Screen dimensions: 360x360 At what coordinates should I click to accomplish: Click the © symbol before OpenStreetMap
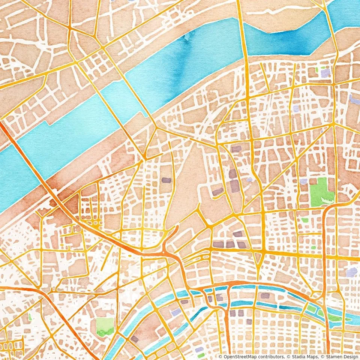220,357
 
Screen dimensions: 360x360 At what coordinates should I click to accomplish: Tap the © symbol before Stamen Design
322,357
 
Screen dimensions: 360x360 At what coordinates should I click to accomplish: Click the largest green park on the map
321,191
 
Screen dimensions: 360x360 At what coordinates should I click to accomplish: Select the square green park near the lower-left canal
105,325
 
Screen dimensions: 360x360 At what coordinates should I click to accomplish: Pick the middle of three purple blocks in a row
230,245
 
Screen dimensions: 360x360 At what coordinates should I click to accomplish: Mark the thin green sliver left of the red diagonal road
30,317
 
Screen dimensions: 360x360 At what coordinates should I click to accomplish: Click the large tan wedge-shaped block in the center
187,187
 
